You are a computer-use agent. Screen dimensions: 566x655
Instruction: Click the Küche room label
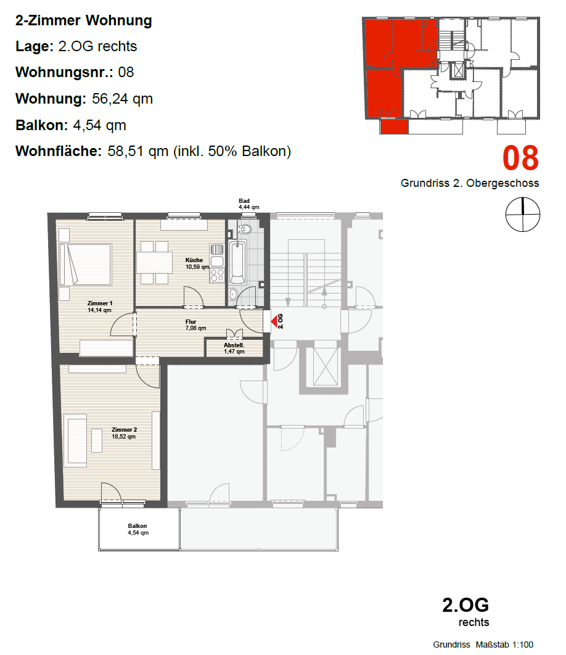[x=194, y=260]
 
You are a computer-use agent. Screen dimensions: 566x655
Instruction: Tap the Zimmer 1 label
[x=100, y=303]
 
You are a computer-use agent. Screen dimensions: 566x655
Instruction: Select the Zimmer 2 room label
[x=124, y=429]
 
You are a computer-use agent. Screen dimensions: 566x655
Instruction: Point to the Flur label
[x=191, y=322]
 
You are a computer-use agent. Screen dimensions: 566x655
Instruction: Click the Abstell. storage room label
[x=234, y=345]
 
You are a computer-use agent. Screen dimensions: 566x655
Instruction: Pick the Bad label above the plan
[x=244, y=201]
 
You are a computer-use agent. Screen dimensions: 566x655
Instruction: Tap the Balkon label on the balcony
[x=137, y=526]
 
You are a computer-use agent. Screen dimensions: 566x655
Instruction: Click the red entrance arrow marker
[x=274, y=322]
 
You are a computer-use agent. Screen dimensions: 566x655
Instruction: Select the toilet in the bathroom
[x=245, y=229]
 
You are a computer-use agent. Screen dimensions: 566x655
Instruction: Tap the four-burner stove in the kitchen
[x=217, y=275]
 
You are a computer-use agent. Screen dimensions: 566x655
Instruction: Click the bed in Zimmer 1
[x=85, y=265]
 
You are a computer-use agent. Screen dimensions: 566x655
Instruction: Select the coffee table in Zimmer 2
[x=97, y=440]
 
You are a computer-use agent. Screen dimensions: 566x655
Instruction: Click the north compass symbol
[x=523, y=214]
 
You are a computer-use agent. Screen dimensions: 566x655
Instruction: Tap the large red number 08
[x=520, y=158]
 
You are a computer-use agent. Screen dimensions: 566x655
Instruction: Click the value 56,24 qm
[x=123, y=99]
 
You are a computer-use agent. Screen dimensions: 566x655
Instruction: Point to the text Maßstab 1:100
[x=504, y=645]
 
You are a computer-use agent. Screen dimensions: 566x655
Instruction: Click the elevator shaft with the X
[x=326, y=366]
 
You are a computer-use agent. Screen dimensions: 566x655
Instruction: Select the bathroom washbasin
[x=233, y=294]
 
